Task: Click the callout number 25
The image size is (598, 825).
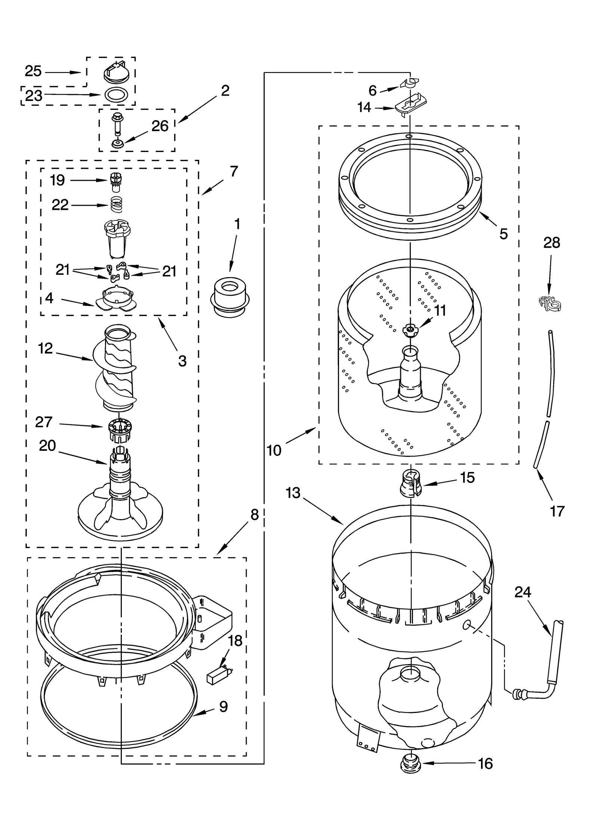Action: click(x=33, y=71)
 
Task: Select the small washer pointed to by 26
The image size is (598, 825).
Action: click(x=118, y=143)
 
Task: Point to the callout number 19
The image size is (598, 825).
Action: click(x=58, y=180)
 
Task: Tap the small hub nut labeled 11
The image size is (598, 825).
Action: click(x=410, y=330)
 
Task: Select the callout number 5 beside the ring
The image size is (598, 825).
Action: click(x=503, y=234)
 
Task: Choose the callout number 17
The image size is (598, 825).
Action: click(x=557, y=511)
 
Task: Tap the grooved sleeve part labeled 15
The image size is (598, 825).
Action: click(x=410, y=484)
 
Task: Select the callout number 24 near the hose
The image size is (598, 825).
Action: click(x=523, y=592)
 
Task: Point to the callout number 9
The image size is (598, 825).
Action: click(x=223, y=707)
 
